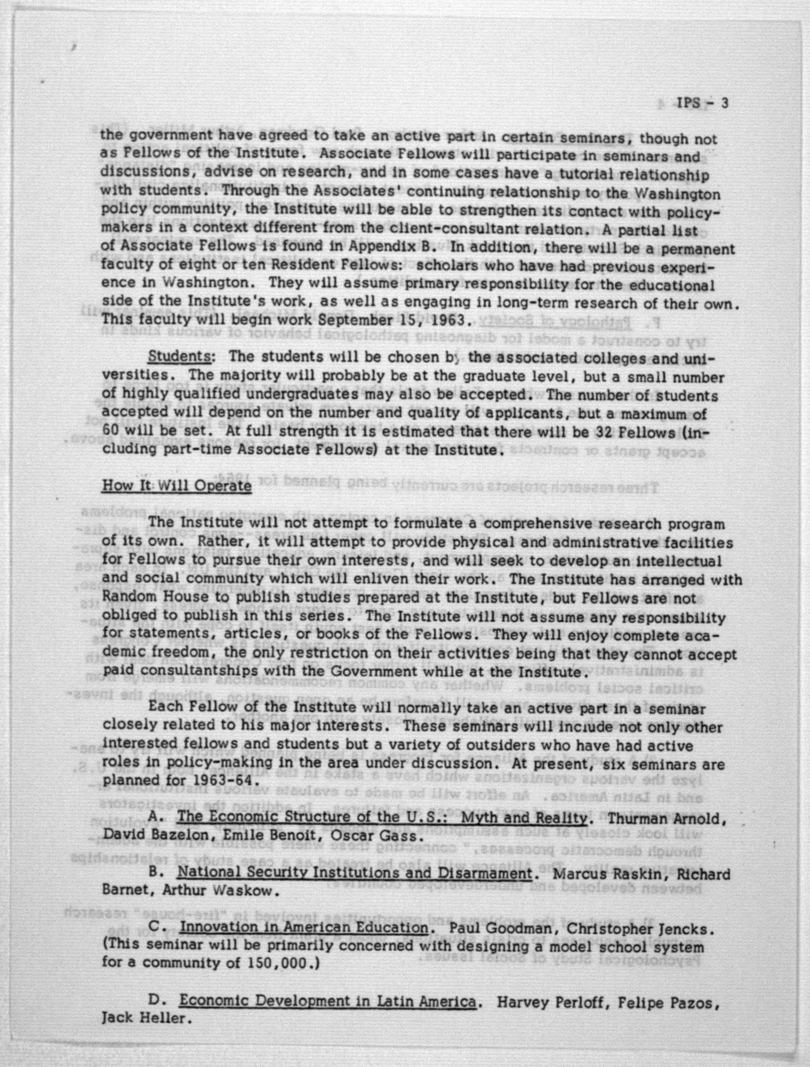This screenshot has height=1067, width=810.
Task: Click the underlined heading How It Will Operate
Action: tap(176, 485)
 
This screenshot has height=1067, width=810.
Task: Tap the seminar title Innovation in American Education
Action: tap(304, 928)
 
